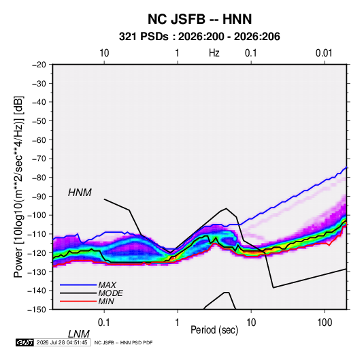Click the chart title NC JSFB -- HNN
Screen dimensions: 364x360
coord(199,19)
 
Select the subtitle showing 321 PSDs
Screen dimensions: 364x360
coord(199,37)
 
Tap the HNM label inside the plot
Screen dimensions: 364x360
coord(80,193)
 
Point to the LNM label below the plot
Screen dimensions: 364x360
coord(78,334)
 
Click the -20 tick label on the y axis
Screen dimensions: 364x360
coord(39,65)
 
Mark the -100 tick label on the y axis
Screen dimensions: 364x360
coord(37,215)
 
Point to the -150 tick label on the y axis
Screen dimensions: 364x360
coord(37,310)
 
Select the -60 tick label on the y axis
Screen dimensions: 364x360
coord(39,140)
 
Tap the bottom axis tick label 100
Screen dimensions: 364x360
coord(325,323)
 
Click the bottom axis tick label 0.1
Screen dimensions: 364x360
coord(104,323)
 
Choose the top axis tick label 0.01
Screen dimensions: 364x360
coord(324,53)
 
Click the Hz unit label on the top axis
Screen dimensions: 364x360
coord(214,53)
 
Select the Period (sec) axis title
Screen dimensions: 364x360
coord(214,330)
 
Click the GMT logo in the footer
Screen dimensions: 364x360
coord(25,342)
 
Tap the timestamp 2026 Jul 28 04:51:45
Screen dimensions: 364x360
coord(62,342)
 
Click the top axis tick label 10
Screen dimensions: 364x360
coord(104,53)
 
